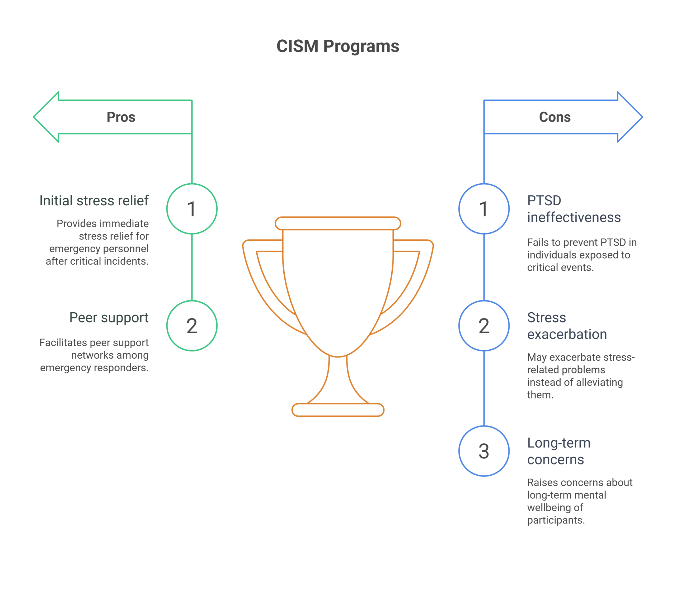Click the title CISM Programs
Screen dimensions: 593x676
click(338, 46)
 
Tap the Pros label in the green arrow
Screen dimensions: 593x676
click(121, 117)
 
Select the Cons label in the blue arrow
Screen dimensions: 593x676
click(555, 117)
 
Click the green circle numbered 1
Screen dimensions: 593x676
click(192, 209)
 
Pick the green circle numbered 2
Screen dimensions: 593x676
click(192, 326)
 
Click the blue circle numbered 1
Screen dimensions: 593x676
click(484, 209)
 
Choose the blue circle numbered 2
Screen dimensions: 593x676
click(484, 326)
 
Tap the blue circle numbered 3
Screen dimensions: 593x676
click(484, 451)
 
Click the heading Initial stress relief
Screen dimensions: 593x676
click(94, 201)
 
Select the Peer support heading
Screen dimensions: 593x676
click(109, 318)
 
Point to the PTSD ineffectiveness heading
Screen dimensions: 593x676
click(574, 209)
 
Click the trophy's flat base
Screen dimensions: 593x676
click(338, 410)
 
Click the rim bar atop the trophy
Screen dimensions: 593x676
click(338, 223)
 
